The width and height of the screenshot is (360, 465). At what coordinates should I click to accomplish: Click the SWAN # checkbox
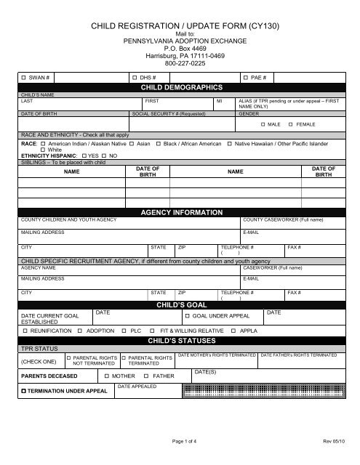24,77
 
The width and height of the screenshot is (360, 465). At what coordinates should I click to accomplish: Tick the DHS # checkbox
134,77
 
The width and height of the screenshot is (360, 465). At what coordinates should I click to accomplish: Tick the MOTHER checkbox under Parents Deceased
105,376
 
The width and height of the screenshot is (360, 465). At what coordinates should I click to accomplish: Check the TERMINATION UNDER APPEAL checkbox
24,392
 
